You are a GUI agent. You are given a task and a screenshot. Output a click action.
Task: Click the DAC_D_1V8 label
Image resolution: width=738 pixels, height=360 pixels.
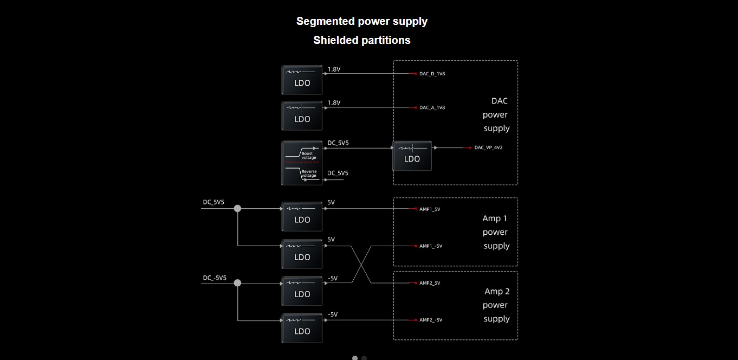click(432, 74)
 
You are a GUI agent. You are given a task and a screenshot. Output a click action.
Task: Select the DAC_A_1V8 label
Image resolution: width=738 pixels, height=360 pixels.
click(432, 108)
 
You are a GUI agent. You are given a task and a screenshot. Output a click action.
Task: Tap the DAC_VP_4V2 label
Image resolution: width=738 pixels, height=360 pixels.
click(488, 147)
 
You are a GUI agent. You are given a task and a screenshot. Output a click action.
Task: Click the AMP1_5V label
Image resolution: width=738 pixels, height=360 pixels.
click(430, 209)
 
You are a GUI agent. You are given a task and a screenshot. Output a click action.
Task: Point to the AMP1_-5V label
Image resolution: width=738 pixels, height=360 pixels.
click(431, 246)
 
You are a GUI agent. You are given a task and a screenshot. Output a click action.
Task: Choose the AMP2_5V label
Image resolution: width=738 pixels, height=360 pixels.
click(430, 283)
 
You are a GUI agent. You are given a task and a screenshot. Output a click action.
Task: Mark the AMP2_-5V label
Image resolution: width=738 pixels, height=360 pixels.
click(431, 320)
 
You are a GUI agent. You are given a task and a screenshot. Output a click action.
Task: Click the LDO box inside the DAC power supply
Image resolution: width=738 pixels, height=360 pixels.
click(412, 156)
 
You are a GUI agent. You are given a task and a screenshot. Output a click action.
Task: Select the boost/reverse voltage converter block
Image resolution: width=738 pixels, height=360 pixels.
click(302, 163)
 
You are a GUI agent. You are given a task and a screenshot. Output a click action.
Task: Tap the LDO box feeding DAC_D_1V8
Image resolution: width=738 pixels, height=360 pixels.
click(302, 80)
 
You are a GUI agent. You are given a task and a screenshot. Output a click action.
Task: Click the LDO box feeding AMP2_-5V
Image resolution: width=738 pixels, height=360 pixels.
click(302, 328)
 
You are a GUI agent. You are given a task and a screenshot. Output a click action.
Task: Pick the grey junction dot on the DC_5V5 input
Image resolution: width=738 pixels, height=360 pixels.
click(237, 208)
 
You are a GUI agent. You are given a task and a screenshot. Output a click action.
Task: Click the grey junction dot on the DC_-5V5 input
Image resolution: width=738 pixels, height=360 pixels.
click(237, 283)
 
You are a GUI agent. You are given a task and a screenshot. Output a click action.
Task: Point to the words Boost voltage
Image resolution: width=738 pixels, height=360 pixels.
click(308, 156)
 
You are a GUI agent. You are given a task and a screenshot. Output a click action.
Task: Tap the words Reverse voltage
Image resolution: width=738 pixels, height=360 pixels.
click(309, 173)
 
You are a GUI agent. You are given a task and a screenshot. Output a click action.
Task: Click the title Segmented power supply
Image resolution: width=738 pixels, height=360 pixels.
click(362, 22)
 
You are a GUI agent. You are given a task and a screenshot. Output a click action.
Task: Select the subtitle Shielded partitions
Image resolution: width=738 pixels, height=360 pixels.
click(362, 40)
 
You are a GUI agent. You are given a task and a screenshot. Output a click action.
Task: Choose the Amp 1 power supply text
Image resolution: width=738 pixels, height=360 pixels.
click(496, 232)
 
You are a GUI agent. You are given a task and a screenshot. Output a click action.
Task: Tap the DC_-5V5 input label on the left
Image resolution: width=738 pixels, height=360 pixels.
click(215, 278)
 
